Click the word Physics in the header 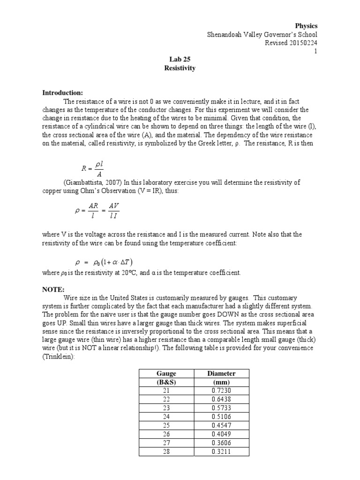pyautogui.click(x=306, y=26)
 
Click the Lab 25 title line pyautogui.click(x=180, y=60)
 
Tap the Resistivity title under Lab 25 pyautogui.click(x=180, y=68)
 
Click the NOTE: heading pyautogui.click(x=53, y=290)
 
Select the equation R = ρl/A pyautogui.click(x=94, y=167)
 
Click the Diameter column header pyautogui.click(x=221, y=374)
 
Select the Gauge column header pyautogui.click(x=166, y=374)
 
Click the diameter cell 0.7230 pyautogui.click(x=221, y=390)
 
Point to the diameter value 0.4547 pyautogui.click(x=221, y=426)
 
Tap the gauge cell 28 pyautogui.click(x=166, y=452)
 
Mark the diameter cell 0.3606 pyautogui.click(x=221, y=443)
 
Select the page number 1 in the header pyautogui.click(x=315, y=51)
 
